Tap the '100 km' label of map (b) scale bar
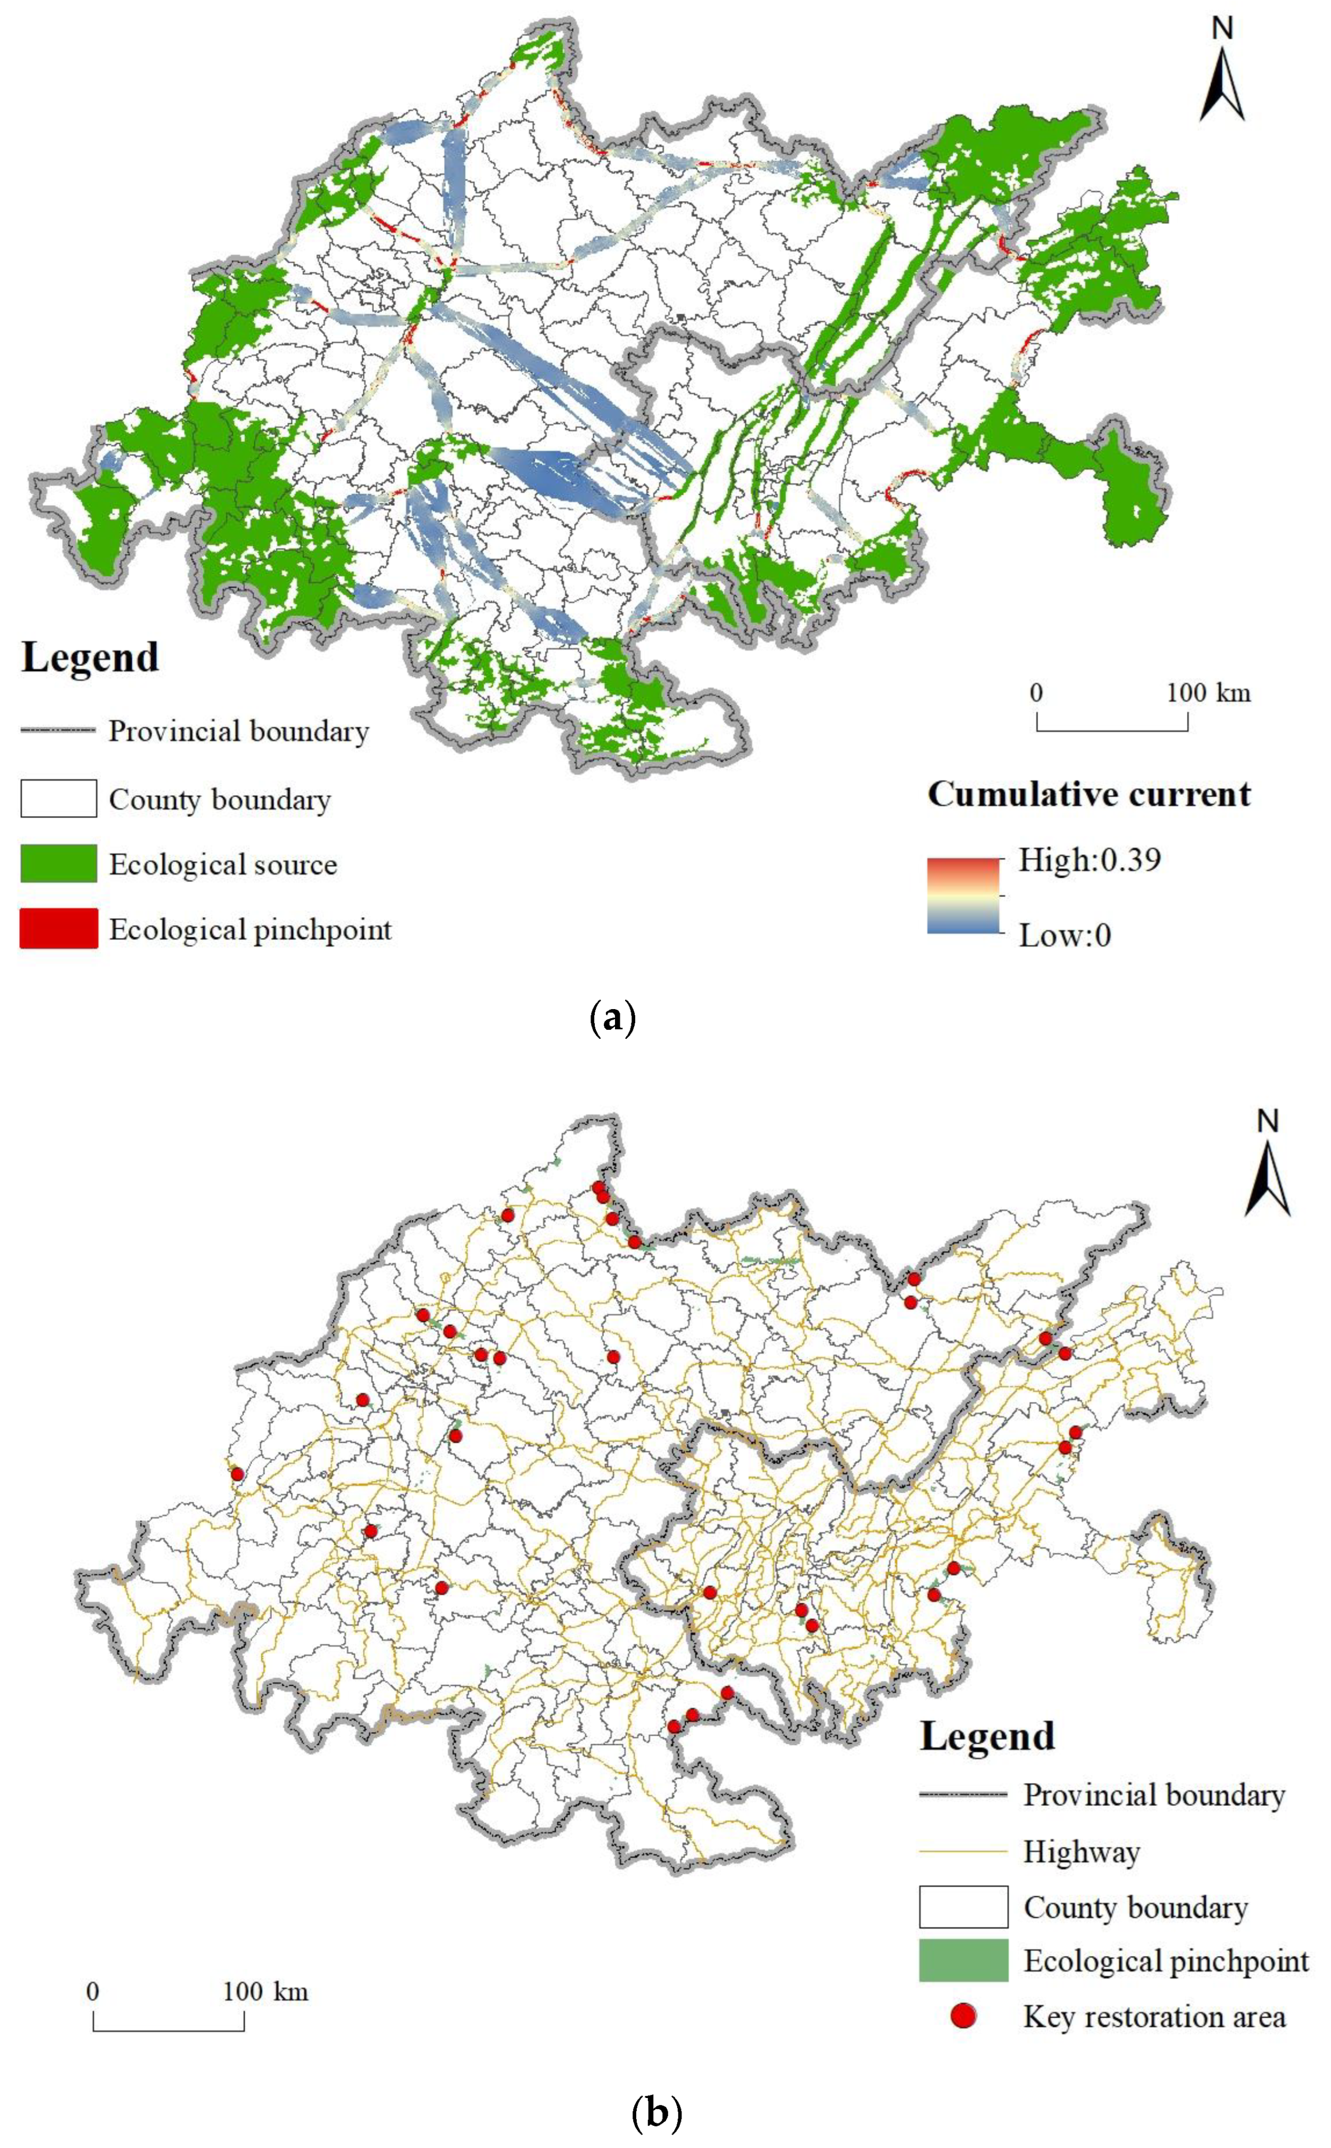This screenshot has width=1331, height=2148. pos(265,1992)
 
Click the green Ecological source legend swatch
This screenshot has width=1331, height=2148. pos(58,863)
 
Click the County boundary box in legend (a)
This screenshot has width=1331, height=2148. pos(58,798)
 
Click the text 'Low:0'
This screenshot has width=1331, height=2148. pos(1064,935)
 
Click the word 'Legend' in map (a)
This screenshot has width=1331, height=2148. pos(90,657)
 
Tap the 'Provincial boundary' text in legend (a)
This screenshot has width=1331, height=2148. pos(238,731)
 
